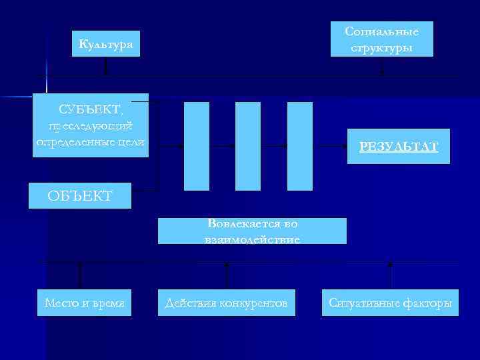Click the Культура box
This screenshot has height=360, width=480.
point(106,44)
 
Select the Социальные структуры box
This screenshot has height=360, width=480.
point(382,39)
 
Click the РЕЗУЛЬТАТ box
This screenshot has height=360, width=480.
point(398,147)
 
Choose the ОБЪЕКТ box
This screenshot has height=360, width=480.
point(80,195)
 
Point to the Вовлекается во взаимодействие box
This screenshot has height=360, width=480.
point(252,231)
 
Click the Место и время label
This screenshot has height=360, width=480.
point(84,303)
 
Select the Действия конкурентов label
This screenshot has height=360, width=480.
point(227,303)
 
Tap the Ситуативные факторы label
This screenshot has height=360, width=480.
point(390,303)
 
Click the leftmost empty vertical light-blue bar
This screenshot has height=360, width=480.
point(197,146)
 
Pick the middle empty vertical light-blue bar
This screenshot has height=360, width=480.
point(248,146)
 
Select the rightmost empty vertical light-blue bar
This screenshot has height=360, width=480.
point(300,146)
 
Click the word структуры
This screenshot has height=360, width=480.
point(382,48)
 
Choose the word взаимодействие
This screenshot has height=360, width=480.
point(252,238)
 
